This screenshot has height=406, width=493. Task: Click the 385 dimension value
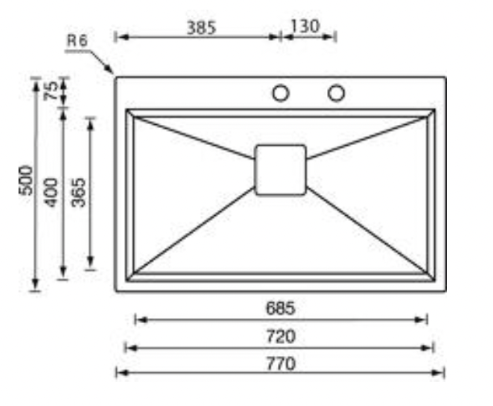[201, 27]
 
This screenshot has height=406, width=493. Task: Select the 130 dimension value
[305, 26]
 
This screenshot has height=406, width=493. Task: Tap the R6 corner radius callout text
[77, 40]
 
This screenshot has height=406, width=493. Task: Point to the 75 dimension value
[52, 90]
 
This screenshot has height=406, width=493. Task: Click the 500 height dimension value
[26, 180]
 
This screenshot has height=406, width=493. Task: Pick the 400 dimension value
[52, 193]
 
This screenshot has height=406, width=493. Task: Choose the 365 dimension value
[78, 193]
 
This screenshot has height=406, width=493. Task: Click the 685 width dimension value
[280, 309]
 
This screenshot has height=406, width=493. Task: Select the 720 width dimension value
[281, 336]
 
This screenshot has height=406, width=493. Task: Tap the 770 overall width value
[281, 364]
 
